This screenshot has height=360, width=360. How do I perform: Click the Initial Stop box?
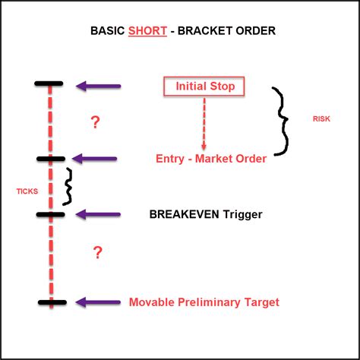click(204, 87)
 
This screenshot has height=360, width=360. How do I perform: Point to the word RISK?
click(321, 119)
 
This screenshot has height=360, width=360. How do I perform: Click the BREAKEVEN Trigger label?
click(206, 215)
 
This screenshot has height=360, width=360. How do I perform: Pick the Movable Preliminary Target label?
click(204, 302)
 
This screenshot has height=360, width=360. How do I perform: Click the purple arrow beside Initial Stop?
click(98, 87)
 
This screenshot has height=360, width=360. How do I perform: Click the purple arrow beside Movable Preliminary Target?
click(98, 302)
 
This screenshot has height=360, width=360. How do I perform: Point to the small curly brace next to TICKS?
click(69, 187)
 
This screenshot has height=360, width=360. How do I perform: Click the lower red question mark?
click(97, 253)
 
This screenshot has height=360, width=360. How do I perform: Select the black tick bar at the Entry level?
click(51, 158)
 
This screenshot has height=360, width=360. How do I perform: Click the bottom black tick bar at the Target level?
click(51, 302)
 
